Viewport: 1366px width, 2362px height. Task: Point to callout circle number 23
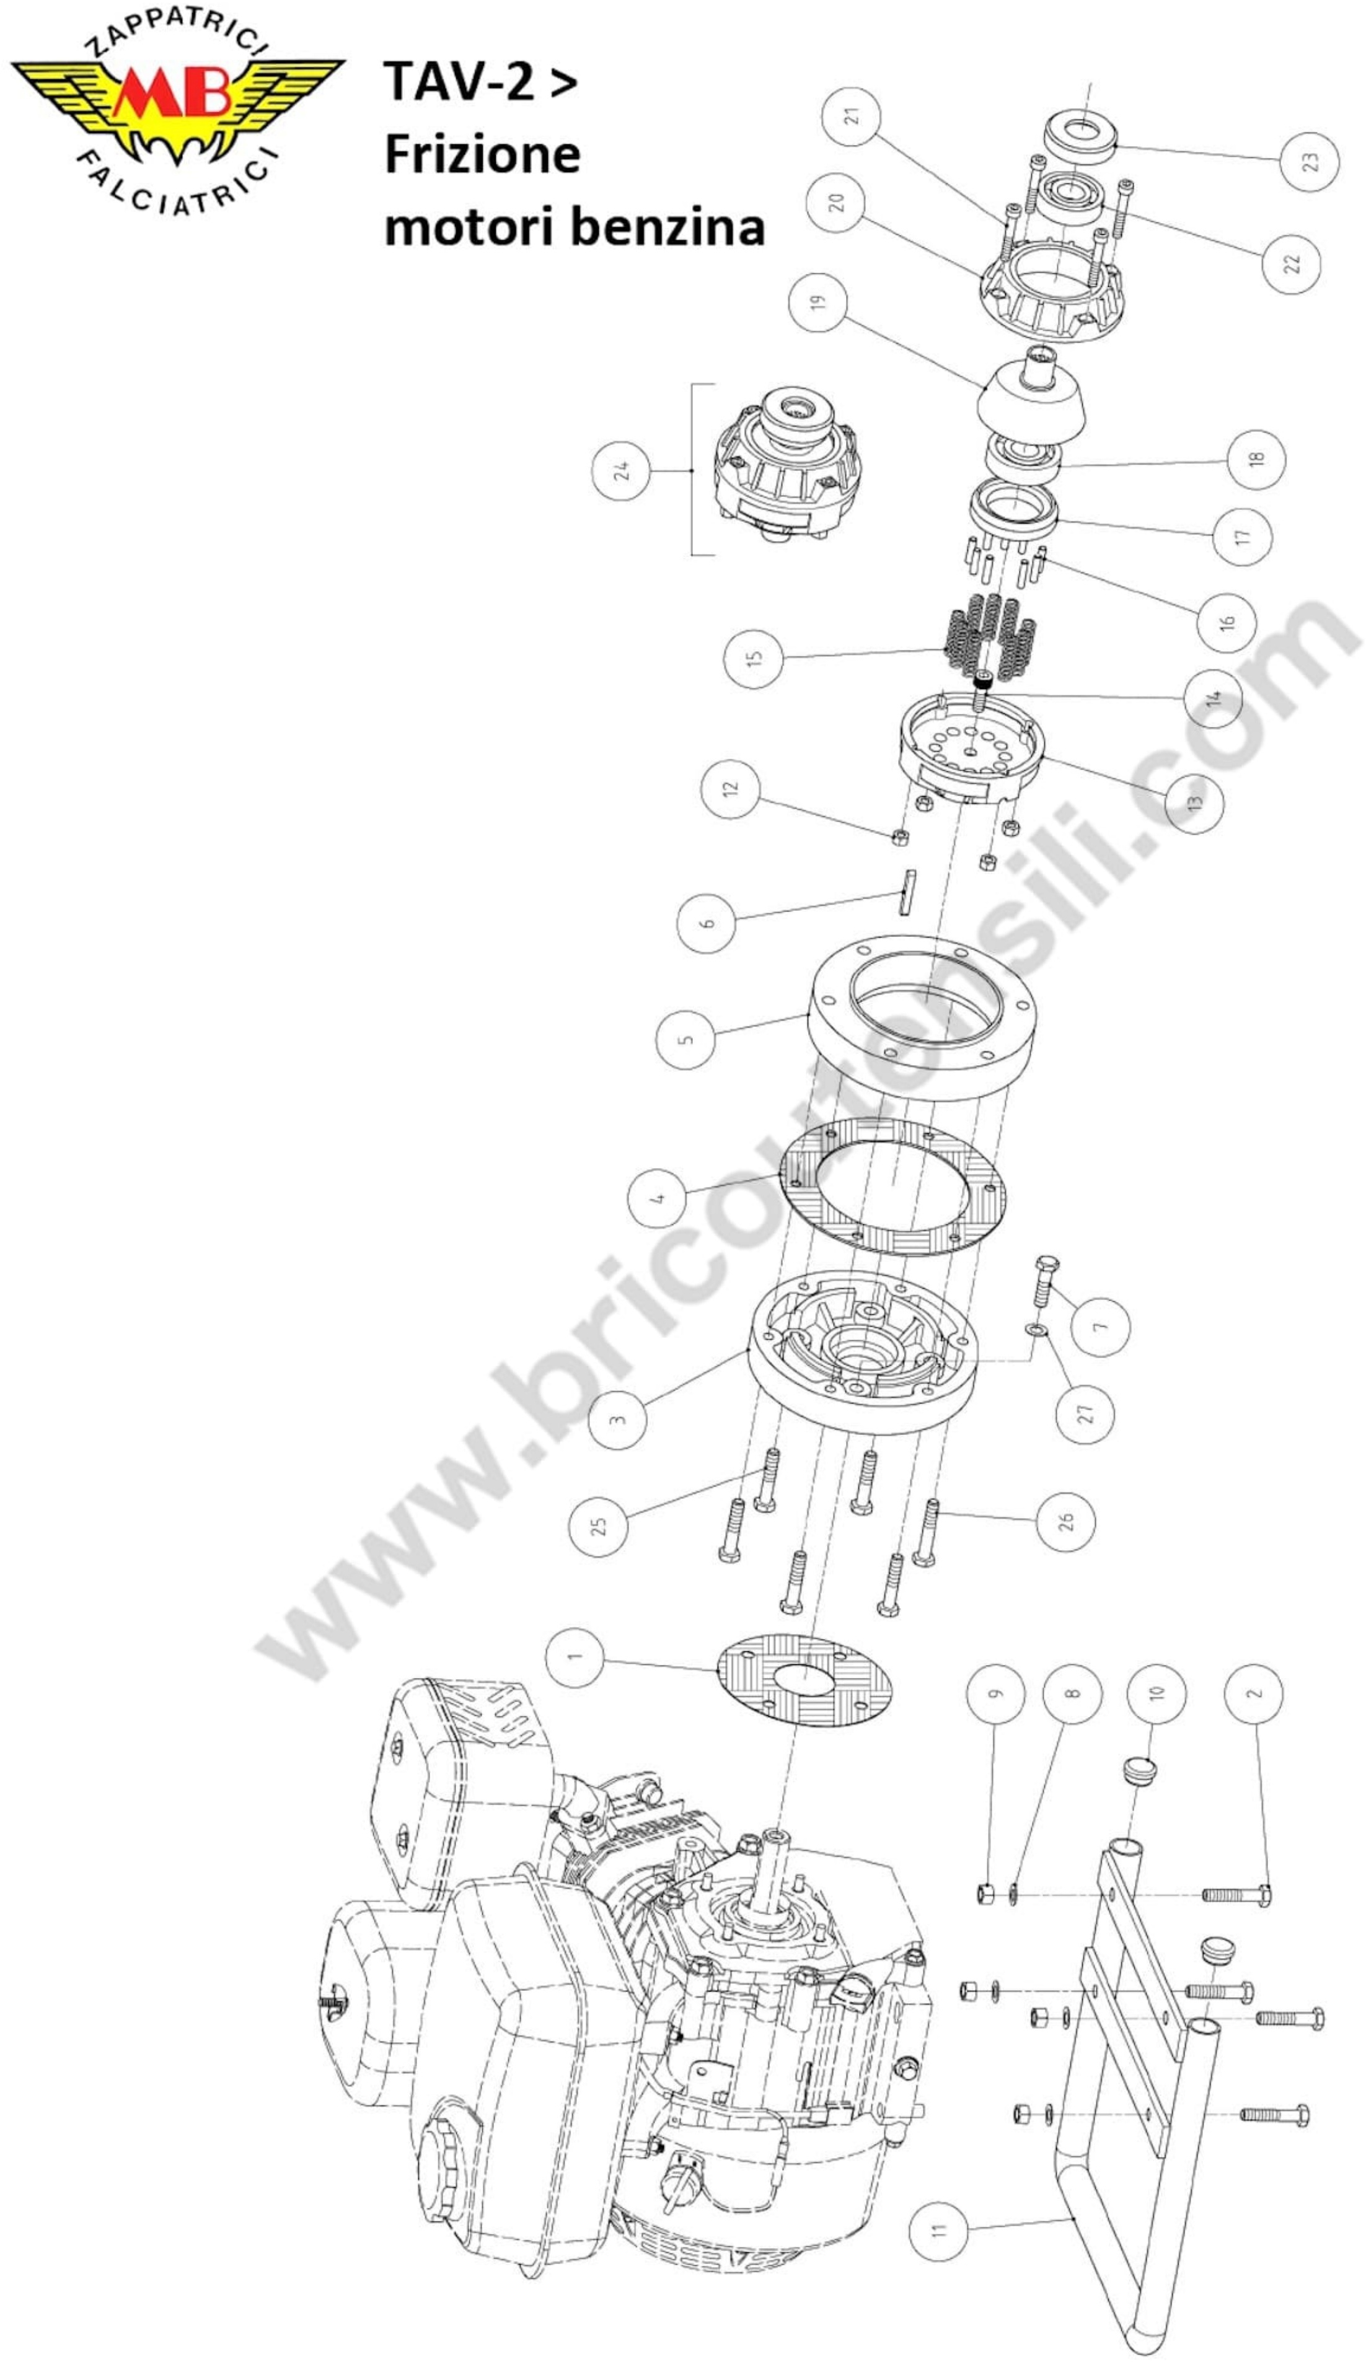pyautogui.click(x=1310, y=161)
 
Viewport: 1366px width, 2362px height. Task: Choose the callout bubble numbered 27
pyautogui.click(x=1085, y=1413)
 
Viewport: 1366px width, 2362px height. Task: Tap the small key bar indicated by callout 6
pyautogui.click(x=906, y=892)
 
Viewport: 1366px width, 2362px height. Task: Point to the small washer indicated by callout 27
pyautogui.click(x=1034, y=1329)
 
